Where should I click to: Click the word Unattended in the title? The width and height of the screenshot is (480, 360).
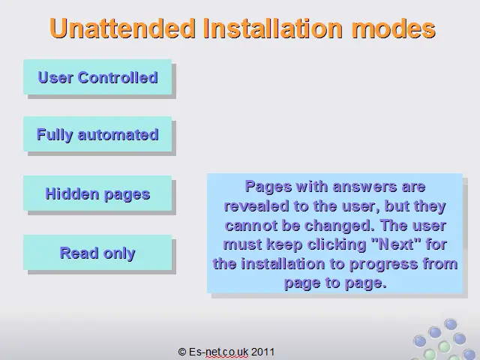click(122, 28)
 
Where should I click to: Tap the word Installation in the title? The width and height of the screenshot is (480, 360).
click(273, 28)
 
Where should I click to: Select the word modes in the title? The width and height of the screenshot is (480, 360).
click(393, 28)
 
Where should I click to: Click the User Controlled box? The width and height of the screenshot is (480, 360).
click(97, 77)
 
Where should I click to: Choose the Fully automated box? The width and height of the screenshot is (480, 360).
click(97, 134)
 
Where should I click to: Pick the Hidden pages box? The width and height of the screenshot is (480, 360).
click(97, 193)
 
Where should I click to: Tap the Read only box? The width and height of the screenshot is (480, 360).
click(97, 253)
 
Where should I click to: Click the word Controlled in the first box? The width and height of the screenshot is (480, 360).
click(118, 77)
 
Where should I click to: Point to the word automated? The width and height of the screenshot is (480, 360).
click(118, 135)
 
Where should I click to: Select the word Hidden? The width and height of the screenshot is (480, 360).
click(72, 193)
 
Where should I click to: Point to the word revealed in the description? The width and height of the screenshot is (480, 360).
click(256, 206)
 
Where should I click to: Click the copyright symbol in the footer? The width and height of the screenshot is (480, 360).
click(181, 352)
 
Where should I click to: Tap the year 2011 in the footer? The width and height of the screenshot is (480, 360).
click(262, 352)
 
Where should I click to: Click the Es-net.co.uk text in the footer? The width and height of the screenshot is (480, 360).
click(218, 352)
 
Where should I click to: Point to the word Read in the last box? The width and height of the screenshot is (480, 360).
click(79, 253)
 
